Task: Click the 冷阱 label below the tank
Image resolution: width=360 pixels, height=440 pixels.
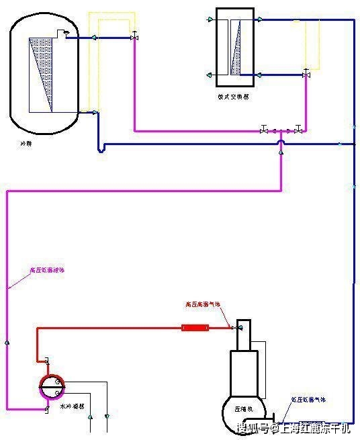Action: (26, 143)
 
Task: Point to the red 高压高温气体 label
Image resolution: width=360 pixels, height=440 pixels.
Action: (204, 304)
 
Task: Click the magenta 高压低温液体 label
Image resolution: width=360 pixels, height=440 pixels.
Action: (47, 270)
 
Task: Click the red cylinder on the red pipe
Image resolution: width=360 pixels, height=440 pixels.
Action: (195, 328)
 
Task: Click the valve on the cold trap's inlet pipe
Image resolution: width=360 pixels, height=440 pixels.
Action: (134, 37)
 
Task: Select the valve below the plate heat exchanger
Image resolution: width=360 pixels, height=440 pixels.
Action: (306, 75)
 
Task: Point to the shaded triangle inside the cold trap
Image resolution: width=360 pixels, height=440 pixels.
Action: (42, 73)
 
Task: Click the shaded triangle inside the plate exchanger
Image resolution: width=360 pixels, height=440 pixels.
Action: (236, 53)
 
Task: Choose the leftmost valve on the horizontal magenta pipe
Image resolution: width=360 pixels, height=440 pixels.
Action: (264, 130)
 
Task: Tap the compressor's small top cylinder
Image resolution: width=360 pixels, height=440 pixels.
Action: (244, 335)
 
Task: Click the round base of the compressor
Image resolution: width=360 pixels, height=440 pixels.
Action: (242, 413)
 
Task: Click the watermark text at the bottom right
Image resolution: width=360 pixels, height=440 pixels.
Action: (293, 428)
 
